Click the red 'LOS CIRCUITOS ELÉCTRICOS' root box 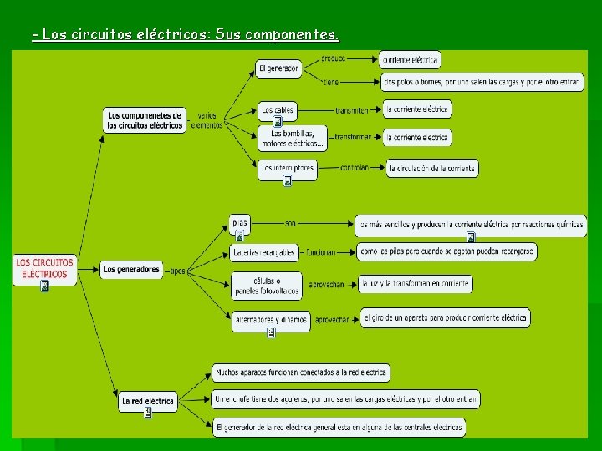click(45, 268)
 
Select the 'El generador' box click(279, 68)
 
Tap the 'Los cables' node click(278, 109)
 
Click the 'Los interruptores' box click(287, 168)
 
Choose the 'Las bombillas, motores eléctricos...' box click(292, 138)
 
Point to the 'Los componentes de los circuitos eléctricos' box click(145, 120)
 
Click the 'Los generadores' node click(131, 270)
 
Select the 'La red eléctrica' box click(148, 401)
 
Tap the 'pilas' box click(240, 223)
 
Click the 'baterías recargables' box click(264, 252)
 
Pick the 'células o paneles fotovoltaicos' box click(267, 285)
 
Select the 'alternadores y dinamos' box click(271, 320)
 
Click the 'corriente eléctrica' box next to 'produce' click(410, 59)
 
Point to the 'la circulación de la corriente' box click(431, 168)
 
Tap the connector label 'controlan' click(354, 168)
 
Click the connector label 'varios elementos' click(207, 120)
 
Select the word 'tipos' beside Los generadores click(177, 271)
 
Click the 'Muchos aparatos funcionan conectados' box click(301, 372)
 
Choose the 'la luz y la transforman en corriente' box click(416, 284)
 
